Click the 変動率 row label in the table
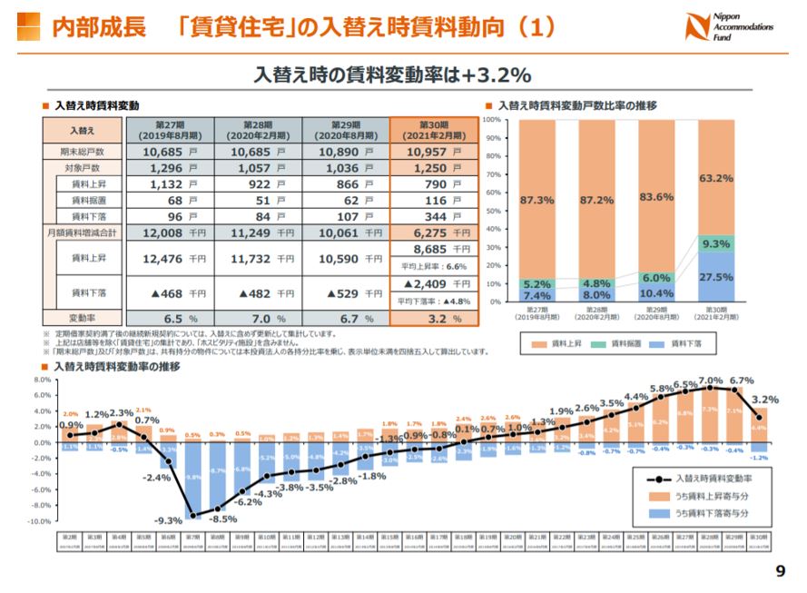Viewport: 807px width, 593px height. click(x=82, y=319)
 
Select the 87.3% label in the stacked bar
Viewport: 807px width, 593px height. click(x=537, y=199)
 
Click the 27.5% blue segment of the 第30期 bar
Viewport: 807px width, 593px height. click(x=716, y=276)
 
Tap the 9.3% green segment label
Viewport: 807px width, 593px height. click(x=716, y=243)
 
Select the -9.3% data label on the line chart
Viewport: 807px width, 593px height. click(x=168, y=520)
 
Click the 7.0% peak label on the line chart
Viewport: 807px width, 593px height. click(x=711, y=381)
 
